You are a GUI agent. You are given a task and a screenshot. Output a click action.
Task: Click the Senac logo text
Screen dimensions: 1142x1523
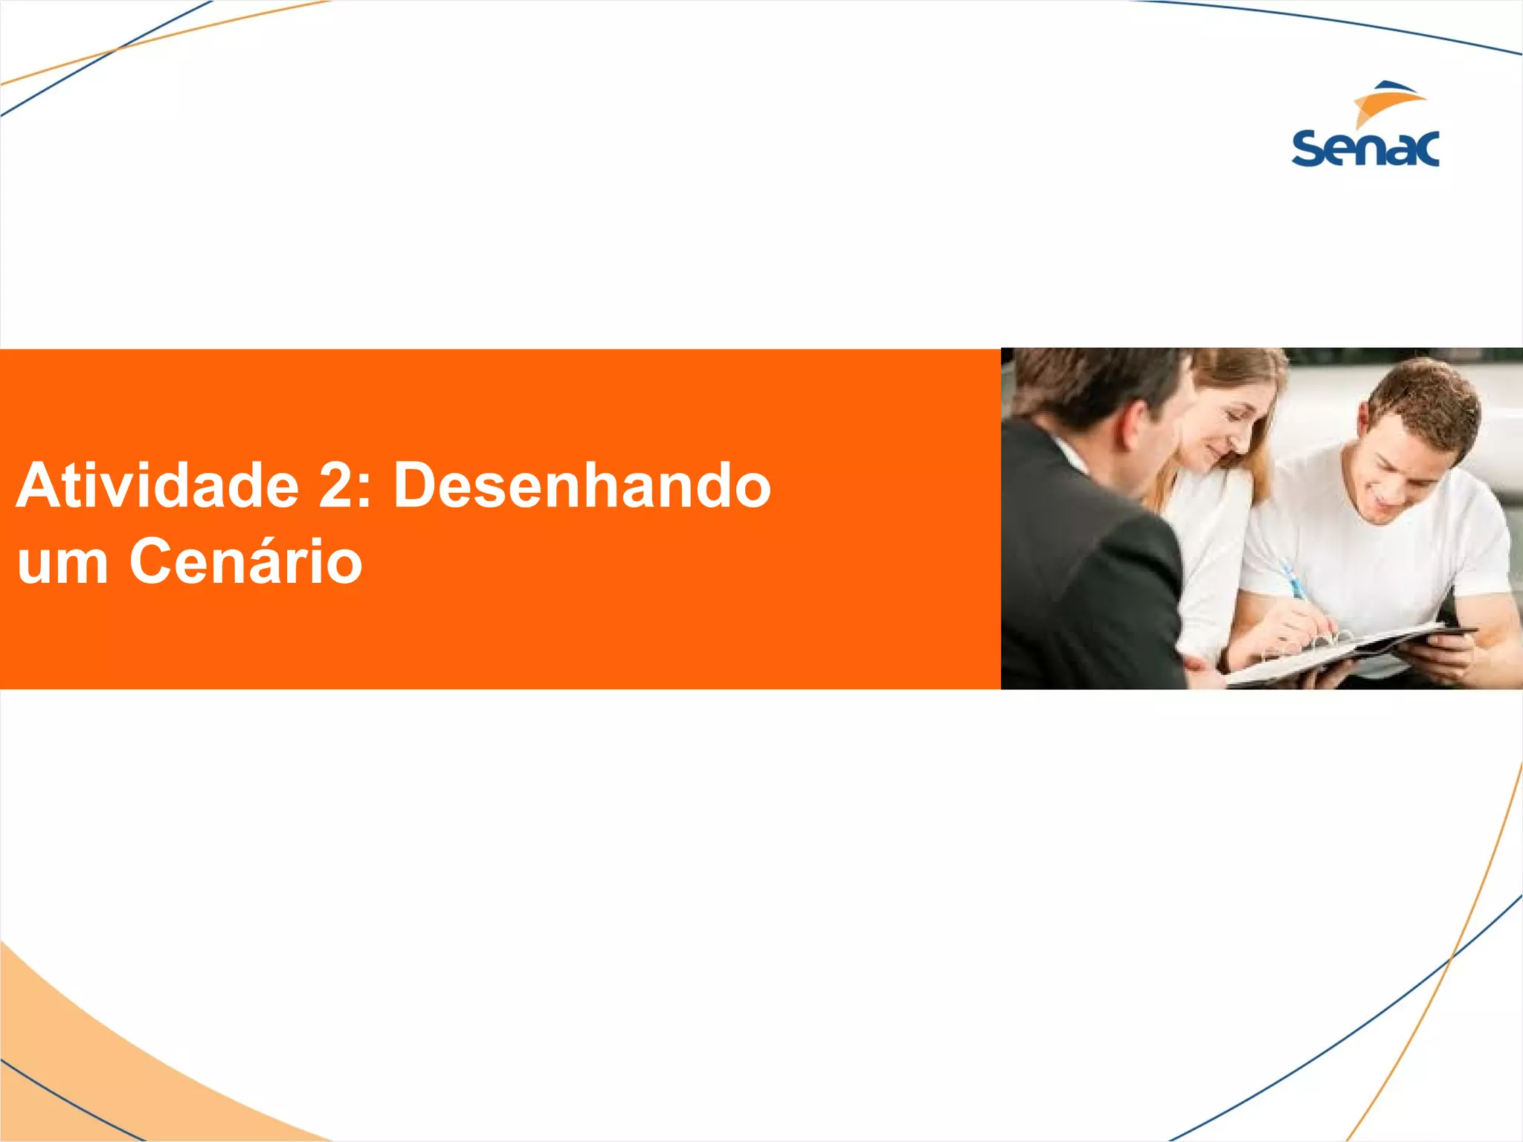pos(1365,149)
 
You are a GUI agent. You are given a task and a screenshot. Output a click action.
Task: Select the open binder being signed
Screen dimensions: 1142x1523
pos(1339,651)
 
